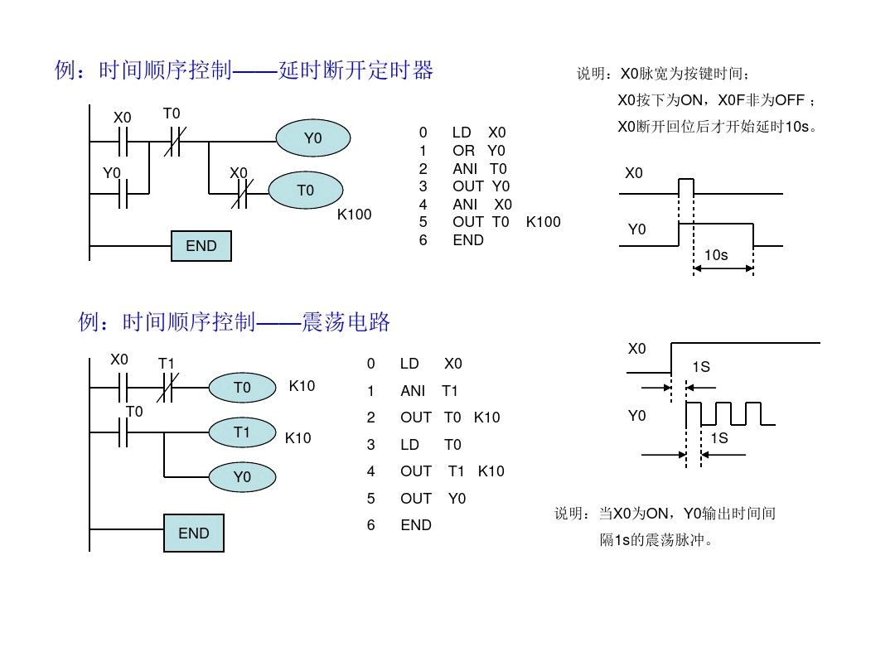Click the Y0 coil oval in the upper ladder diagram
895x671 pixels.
click(x=312, y=139)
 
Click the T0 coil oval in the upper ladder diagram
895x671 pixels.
click(x=306, y=191)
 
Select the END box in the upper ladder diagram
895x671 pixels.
click(x=201, y=246)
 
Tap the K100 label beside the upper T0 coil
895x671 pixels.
click(x=354, y=215)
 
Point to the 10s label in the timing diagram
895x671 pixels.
click(x=715, y=255)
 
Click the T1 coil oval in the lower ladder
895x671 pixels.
click(x=242, y=432)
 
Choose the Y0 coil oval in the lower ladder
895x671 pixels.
click(x=242, y=477)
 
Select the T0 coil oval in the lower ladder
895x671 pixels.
click(x=242, y=387)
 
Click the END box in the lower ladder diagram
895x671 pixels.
click(x=194, y=533)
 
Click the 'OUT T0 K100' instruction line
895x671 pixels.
click(x=506, y=222)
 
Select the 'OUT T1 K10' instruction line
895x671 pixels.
click(x=452, y=471)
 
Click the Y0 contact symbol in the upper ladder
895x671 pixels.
click(x=123, y=194)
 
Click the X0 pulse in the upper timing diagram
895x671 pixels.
click(x=685, y=186)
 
